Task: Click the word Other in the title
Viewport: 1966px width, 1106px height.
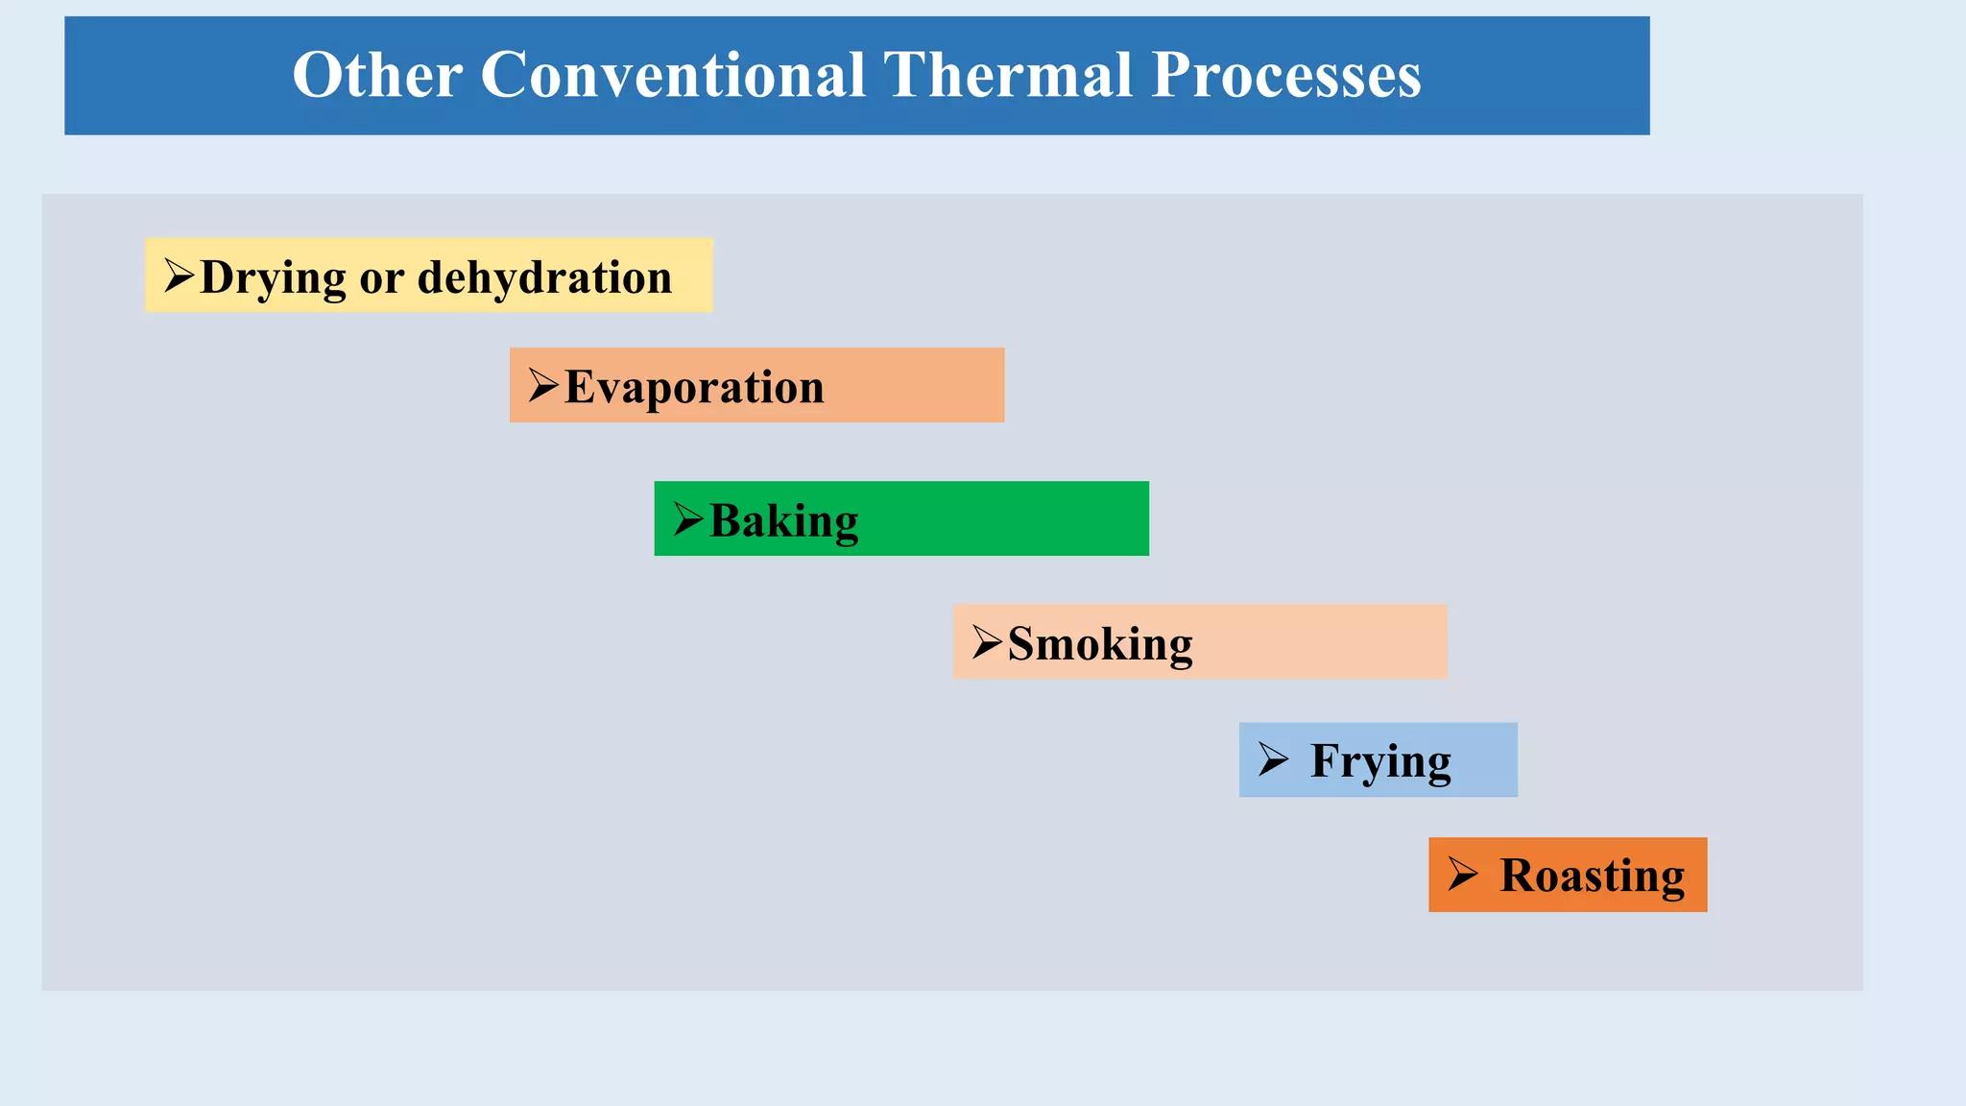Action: point(377,75)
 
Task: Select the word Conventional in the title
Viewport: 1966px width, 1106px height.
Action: point(673,75)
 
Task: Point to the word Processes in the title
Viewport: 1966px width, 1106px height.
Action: point(1285,75)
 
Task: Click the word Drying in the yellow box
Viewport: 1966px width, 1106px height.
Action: point(273,278)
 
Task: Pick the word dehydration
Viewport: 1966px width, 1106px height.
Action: point(544,277)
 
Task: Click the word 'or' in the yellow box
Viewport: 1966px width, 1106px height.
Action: point(382,279)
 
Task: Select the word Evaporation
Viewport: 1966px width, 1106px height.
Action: point(694,387)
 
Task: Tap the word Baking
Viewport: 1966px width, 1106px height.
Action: point(783,521)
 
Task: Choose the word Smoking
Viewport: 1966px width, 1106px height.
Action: point(1100,644)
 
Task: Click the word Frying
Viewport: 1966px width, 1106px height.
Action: point(1380,761)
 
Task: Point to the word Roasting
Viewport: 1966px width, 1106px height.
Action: point(1592,876)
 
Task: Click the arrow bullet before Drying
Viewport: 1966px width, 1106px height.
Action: point(179,276)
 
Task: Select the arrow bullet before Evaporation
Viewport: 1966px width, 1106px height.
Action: point(543,385)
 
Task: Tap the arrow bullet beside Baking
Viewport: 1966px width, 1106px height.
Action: point(688,518)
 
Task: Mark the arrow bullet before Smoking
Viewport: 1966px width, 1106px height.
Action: point(987,641)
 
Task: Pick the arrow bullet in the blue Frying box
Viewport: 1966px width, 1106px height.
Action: point(1273,759)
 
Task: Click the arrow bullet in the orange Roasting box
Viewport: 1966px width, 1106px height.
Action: point(1462,874)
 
